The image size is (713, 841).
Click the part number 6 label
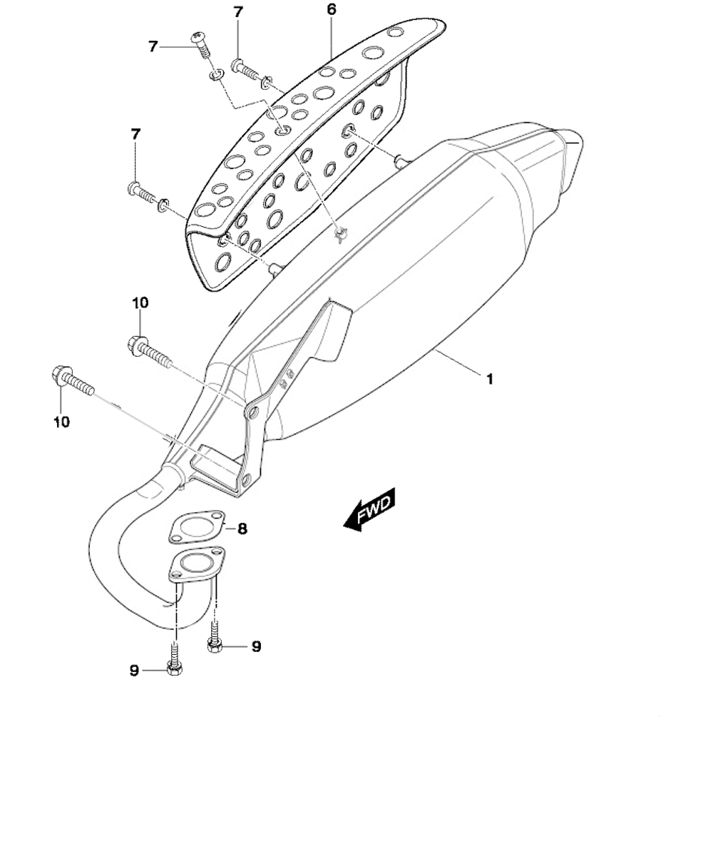[x=332, y=9]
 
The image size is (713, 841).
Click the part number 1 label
[x=489, y=379]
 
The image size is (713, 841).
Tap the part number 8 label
[x=242, y=529]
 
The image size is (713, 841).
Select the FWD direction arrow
[x=370, y=510]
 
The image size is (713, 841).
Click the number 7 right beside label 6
[x=239, y=12]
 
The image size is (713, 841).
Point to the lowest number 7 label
[x=135, y=134]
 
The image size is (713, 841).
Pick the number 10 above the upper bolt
[x=140, y=303]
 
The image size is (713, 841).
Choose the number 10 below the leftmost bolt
[x=61, y=422]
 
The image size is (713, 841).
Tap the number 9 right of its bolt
[x=256, y=647]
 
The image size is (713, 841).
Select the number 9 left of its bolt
[x=134, y=671]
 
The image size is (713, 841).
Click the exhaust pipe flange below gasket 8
[x=196, y=565]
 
